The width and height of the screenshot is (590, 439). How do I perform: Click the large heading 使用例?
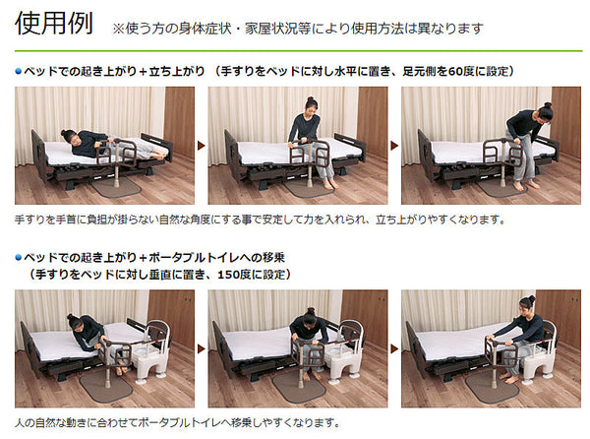pyautogui.click(x=54, y=24)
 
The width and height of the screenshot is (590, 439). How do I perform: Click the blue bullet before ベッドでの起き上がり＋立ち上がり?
pyautogui.click(x=19, y=72)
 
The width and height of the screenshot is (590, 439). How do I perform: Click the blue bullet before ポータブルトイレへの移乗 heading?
pyautogui.click(x=19, y=258)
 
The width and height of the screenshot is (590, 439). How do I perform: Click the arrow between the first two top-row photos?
pyautogui.click(x=202, y=146)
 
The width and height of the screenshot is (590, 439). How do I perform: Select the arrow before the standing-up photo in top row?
pyautogui.click(x=394, y=146)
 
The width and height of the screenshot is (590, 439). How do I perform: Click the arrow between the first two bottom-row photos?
pyautogui.click(x=202, y=349)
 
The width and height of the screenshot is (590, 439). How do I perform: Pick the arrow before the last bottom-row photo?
pyautogui.click(x=394, y=349)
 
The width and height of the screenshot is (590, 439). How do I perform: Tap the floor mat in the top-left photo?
pyautogui.click(x=115, y=186)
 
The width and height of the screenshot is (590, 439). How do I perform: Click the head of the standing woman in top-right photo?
pyautogui.click(x=544, y=112)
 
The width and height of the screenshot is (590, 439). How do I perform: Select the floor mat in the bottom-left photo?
pyautogui.click(x=106, y=386)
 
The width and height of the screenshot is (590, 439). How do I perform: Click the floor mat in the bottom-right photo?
pyautogui.click(x=492, y=386)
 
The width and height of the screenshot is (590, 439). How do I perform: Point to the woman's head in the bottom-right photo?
pyautogui.click(x=527, y=306)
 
